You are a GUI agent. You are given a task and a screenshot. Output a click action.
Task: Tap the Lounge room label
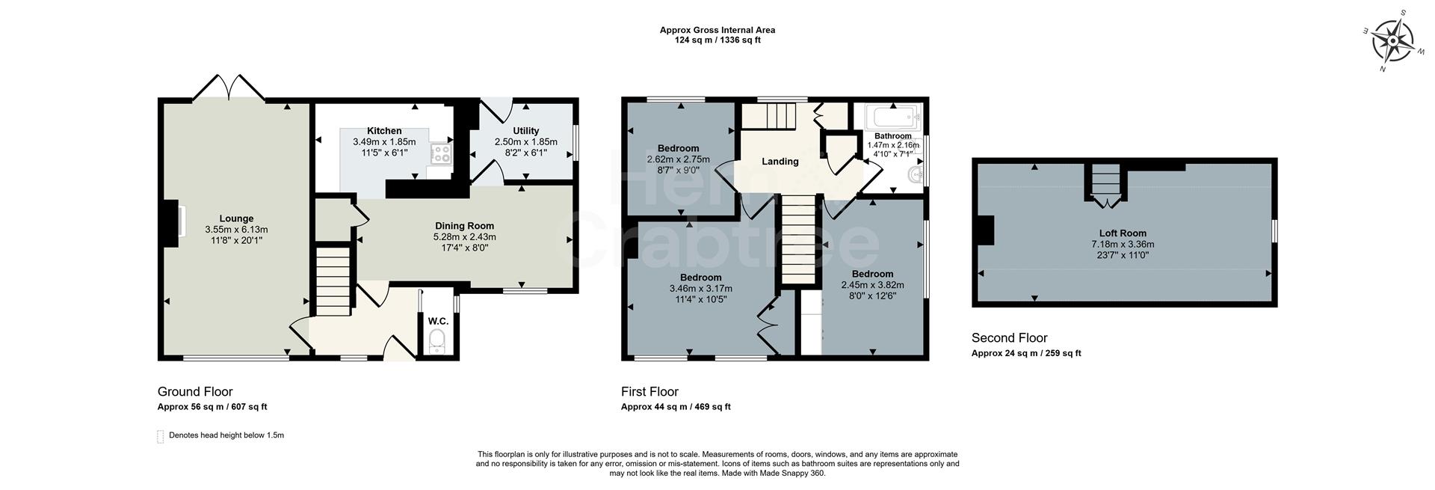pyautogui.click(x=236, y=219)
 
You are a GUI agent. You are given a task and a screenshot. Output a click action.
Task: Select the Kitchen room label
pyautogui.click(x=384, y=131)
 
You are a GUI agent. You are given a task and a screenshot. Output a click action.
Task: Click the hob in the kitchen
pyautogui.click(x=441, y=154)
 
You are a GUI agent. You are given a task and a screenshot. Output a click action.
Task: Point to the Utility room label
pyautogui.click(x=525, y=131)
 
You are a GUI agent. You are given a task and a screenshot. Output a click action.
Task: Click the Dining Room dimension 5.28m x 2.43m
pyautogui.click(x=464, y=236)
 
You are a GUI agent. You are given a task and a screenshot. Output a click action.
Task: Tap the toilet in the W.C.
pyautogui.click(x=437, y=342)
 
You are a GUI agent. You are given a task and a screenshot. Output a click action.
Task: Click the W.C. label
pyautogui.click(x=438, y=322)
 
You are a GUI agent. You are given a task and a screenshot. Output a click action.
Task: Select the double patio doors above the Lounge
pyautogui.click(x=229, y=88)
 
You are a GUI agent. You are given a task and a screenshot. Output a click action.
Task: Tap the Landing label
pyautogui.click(x=780, y=162)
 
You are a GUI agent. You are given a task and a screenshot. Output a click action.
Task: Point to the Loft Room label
pyautogui.click(x=1122, y=233)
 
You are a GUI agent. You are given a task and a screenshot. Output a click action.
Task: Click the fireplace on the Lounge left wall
pyautogui.click(x=173, y=224)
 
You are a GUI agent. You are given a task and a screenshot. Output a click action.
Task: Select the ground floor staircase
pyautogui.click(x=332, y=284)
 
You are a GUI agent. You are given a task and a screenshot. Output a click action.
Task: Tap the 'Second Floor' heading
pyautogui.click(x=1009, y=338)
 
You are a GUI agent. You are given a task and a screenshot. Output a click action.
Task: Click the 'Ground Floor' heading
pyautogui.click(x=195, y=392)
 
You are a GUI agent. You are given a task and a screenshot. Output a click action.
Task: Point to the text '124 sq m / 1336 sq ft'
pyautogui.click(x=717, y=40)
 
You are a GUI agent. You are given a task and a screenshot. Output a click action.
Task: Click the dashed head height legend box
pyautogui.click(x=160, y=436)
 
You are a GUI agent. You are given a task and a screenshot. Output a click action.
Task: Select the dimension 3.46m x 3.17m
pyautogui.click(x=700, y=289)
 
